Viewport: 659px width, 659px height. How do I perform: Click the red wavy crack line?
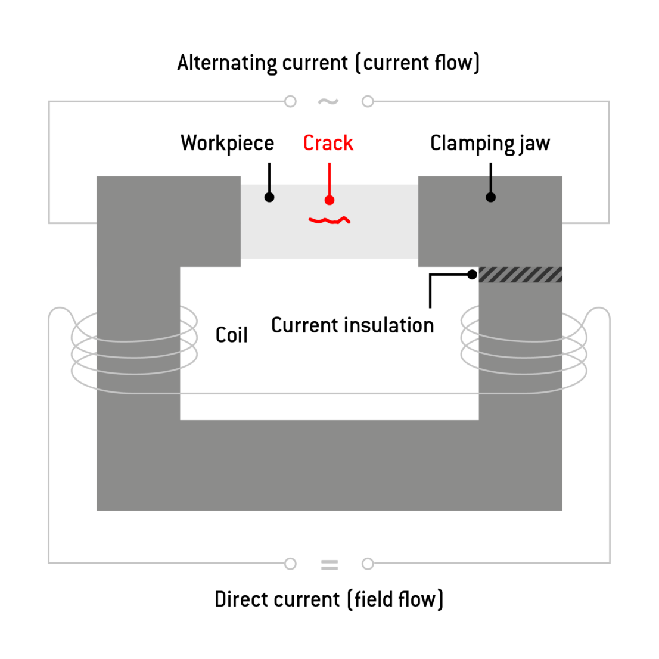pos(329,221)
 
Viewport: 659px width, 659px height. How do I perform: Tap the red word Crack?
pos(328,143)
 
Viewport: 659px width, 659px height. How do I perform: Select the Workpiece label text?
pos(227,144)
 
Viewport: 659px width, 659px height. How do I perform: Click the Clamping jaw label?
pos(490,144)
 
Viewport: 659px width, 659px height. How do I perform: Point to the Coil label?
pos(232,335)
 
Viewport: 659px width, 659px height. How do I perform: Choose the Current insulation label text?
pos(352,325)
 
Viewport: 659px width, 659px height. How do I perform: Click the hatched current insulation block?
pos(520,275)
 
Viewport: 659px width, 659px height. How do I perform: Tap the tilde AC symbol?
pos(328,101)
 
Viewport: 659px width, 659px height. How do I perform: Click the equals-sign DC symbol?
pos(329,564)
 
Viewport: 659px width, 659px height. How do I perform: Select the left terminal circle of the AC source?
pos(290,101)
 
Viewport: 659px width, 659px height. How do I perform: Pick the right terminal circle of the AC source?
pos(368,101)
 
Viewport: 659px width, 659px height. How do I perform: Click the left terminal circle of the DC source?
pos(290,564)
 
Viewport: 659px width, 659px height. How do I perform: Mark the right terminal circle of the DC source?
pos(368,564)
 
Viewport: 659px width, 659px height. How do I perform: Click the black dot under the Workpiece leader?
pos(269,197)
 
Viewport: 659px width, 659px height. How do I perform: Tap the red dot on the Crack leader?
pos(329,200)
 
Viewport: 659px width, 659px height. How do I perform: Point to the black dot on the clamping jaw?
pos(490,197)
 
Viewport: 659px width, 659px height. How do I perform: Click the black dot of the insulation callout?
pos(472,275)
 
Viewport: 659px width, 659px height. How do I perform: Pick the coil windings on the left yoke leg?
pos(134,352)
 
